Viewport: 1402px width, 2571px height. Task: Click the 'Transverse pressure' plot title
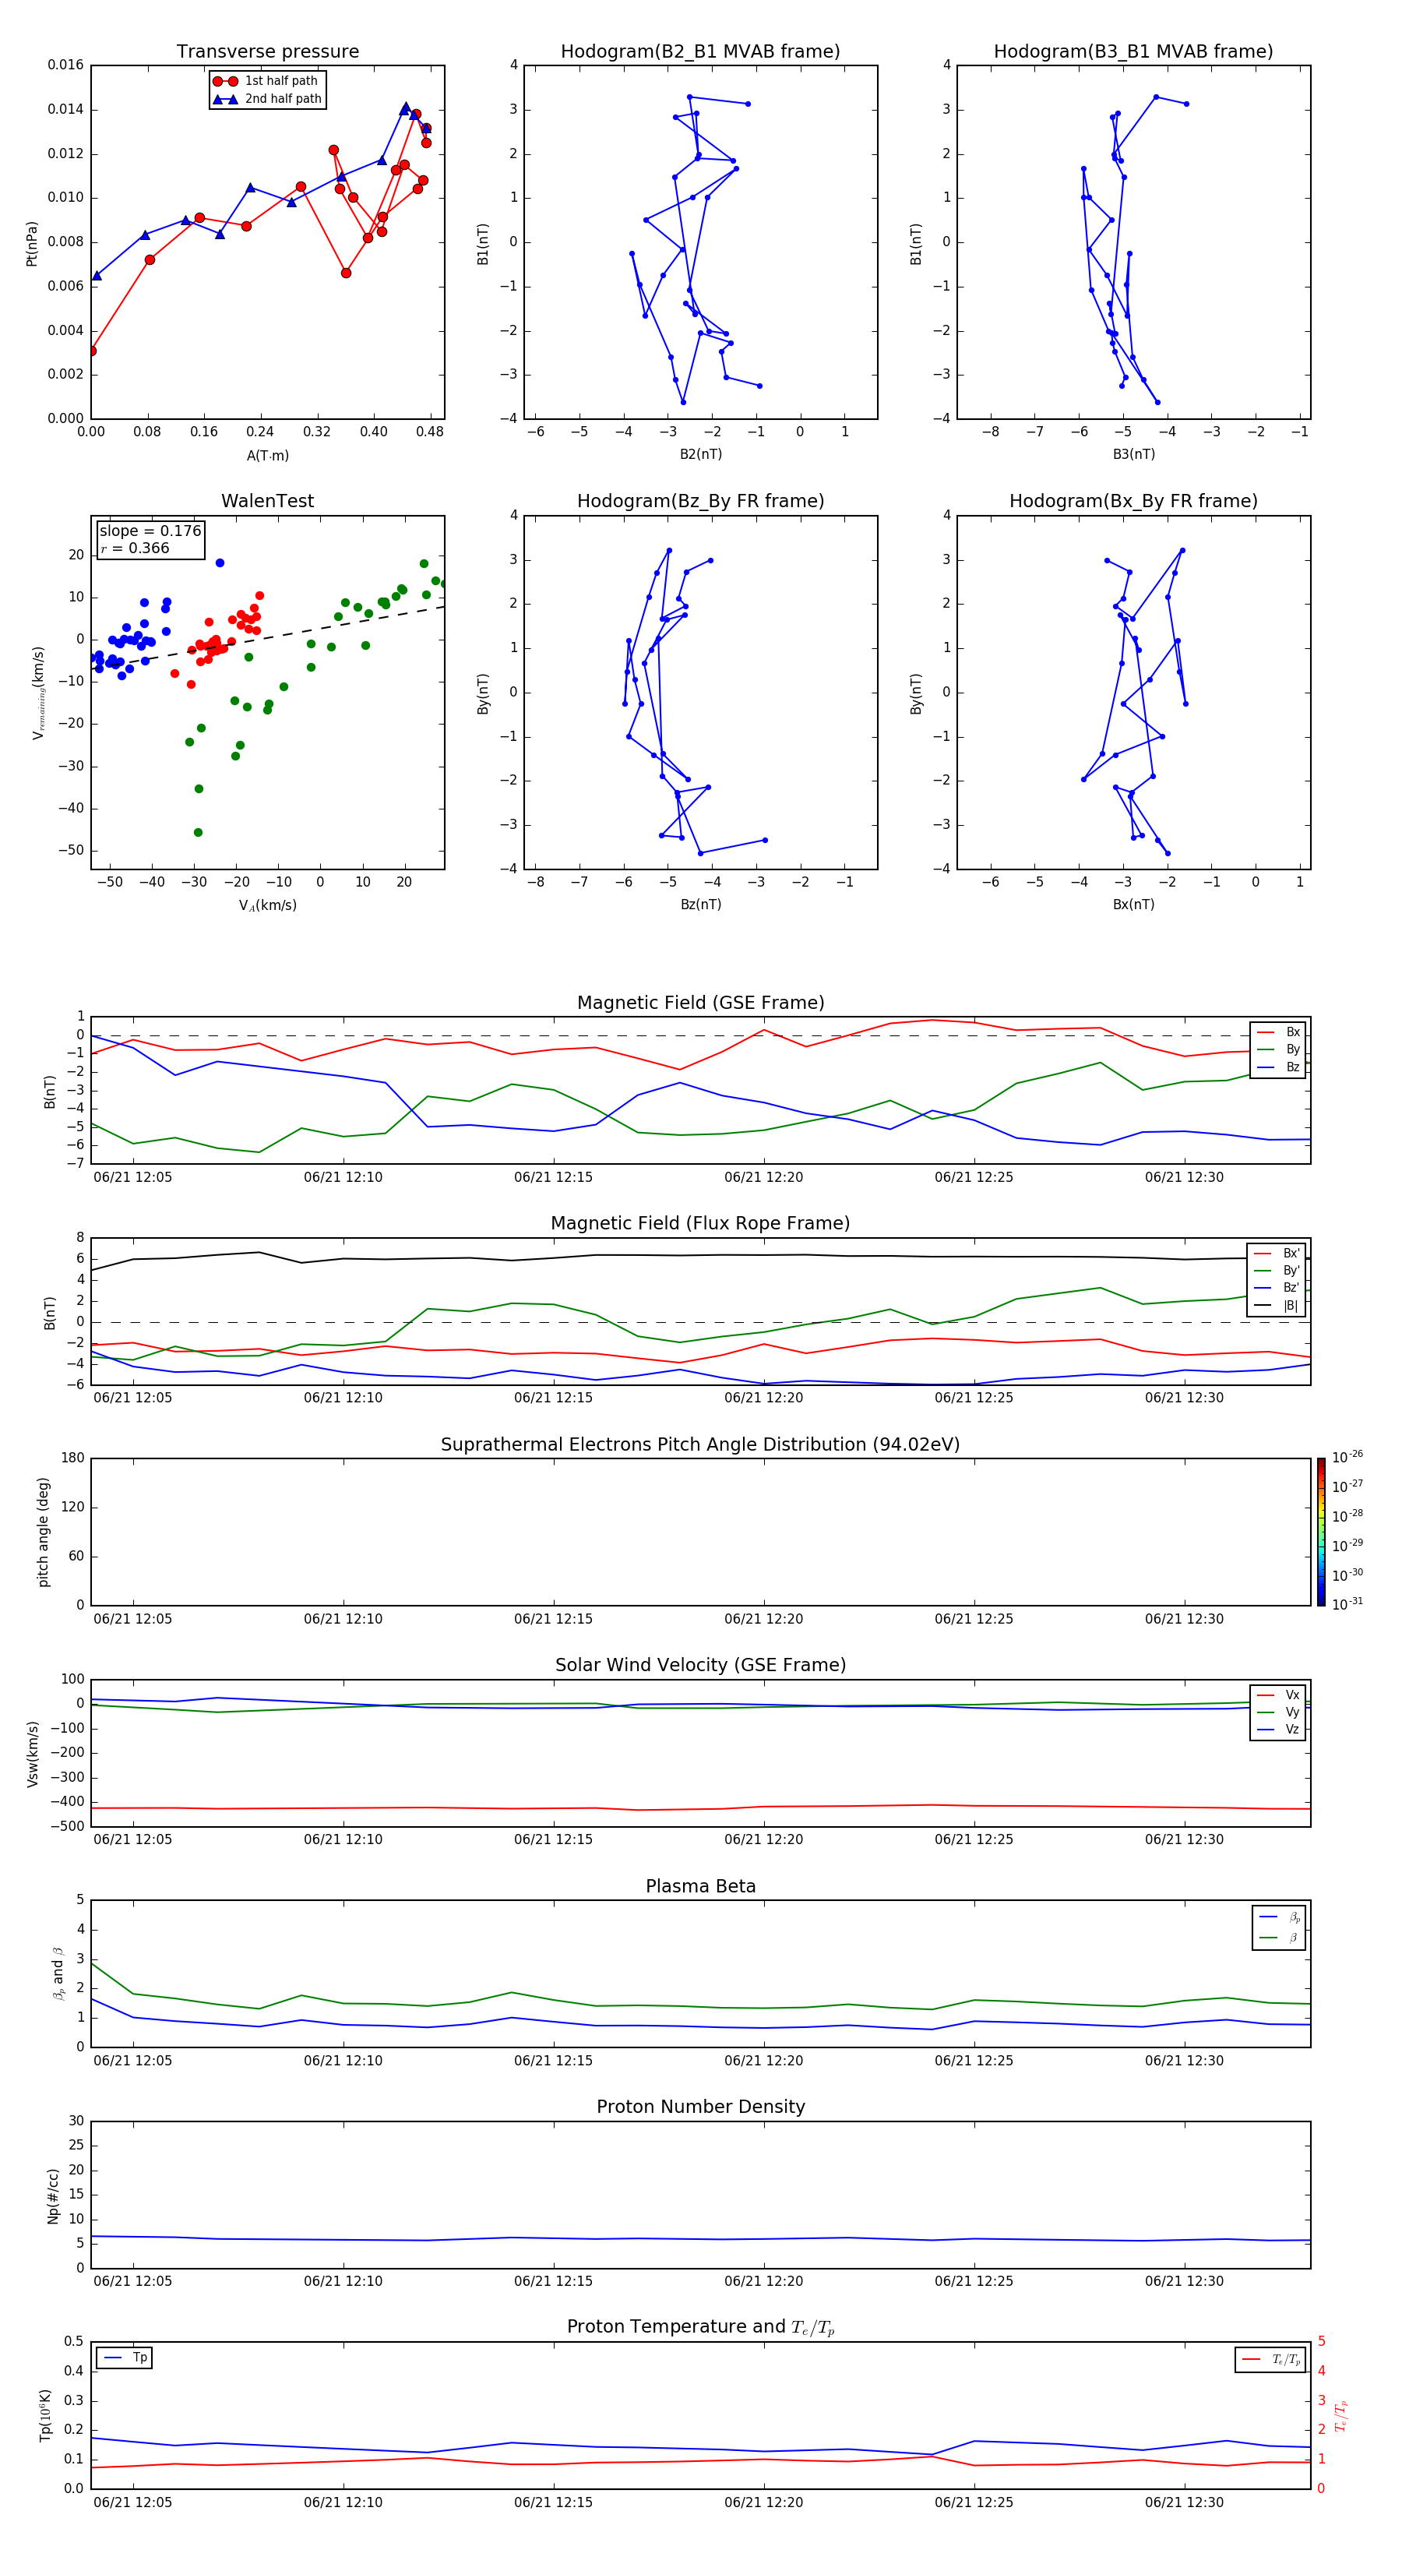click(x=267, y=52)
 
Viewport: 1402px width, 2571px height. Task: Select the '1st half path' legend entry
click(x=280, y=81)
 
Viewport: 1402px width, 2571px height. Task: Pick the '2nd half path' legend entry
click(x=283, y=99)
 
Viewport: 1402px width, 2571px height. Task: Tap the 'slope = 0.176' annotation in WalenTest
click(x=150, y=531)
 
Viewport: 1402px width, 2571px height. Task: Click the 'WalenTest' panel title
click(x=267, y=501)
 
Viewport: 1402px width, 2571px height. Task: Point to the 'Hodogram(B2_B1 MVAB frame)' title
click(x=699, y=52)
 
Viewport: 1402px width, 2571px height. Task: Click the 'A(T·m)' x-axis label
click(x=267, y=456)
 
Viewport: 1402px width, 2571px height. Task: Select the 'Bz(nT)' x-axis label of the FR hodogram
click(x=700, y=905)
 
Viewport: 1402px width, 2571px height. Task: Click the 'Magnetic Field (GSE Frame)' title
click(x=700, y=1003)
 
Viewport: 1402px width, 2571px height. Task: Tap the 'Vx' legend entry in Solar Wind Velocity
click(x=1292, y=1695)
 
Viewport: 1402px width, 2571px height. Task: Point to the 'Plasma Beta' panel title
click(x=700, y=1886)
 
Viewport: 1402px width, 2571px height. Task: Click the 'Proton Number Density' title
click(x=700, y=2107)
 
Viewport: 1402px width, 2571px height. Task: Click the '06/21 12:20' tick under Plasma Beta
click(x=763, y=2060)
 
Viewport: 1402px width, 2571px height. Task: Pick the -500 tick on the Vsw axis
click(x=67, y=1826)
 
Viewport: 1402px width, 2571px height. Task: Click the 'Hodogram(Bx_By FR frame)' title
click(x=1133, y=501)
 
